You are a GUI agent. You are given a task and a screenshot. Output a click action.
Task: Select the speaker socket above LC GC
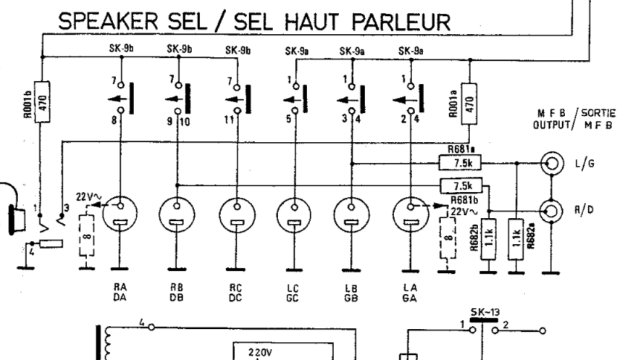click(293, 214)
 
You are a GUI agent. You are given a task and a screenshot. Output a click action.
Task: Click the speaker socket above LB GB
click(351, 214)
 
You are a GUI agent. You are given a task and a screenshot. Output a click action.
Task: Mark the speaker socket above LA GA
click(410, 214)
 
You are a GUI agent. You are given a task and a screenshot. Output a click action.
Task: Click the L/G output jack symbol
click(553, 162)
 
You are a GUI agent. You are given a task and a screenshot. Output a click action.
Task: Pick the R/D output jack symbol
click(553, 211)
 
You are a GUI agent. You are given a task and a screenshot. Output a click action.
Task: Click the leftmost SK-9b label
click(121, 49)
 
